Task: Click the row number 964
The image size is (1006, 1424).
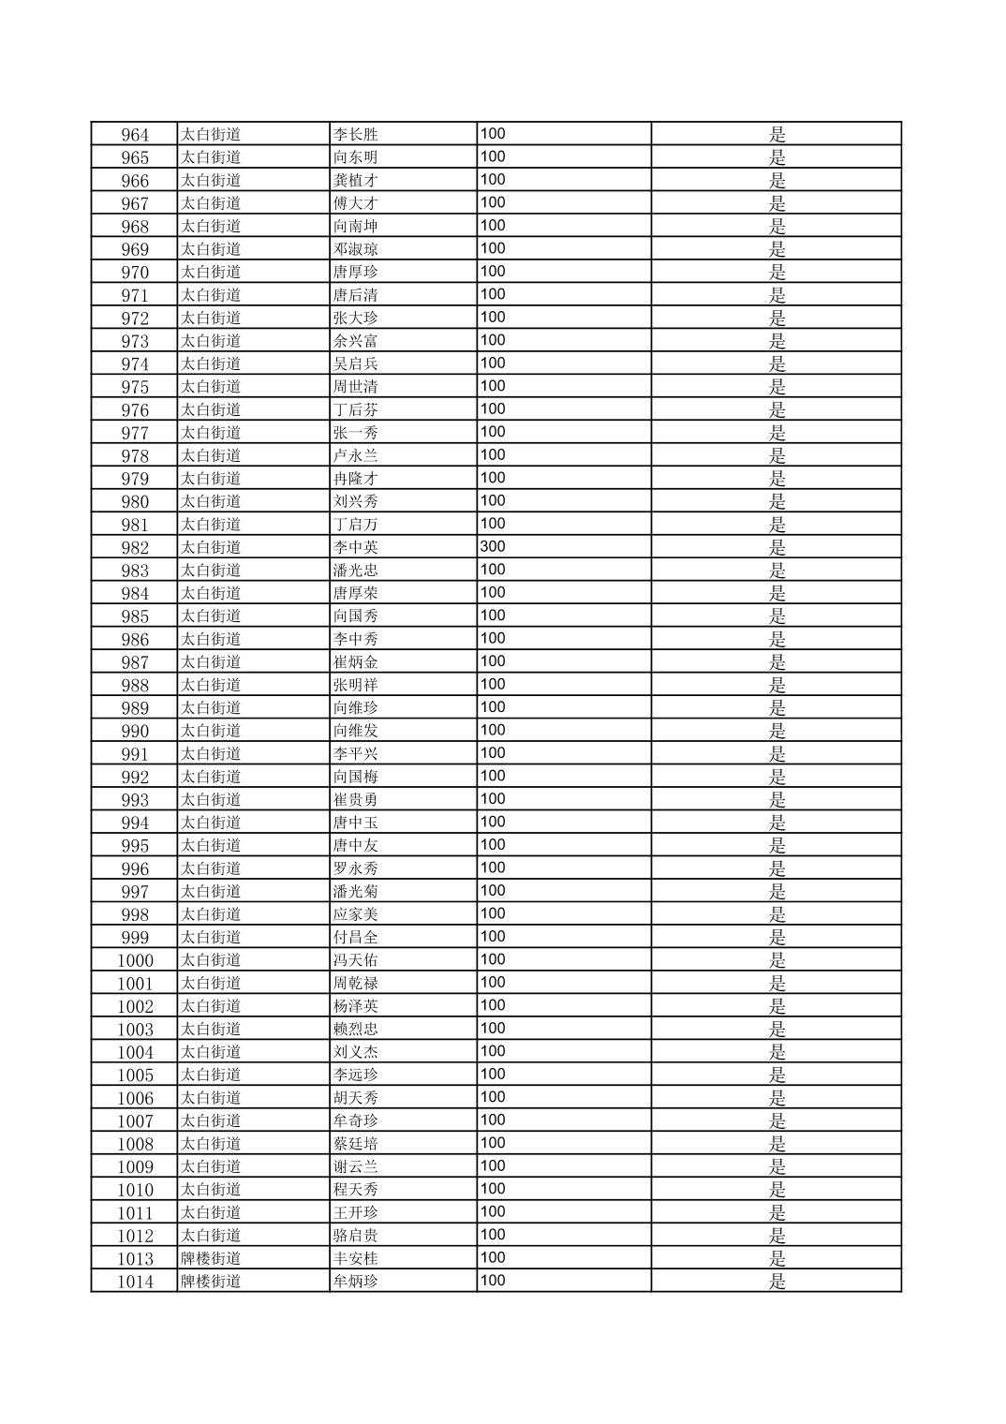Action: coord(135,134)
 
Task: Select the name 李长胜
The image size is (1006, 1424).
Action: coord(356,134)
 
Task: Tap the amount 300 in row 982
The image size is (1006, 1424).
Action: coord(493,547)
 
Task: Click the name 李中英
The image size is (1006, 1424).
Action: coord(356,547)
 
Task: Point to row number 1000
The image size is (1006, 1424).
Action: coord(135,960)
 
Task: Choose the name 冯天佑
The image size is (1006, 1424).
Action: coord(356,960)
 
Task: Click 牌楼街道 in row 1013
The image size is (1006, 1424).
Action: coord(211,1258)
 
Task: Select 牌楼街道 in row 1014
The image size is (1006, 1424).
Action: coord(211,1281)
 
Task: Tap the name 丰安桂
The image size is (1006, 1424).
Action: coord(356,1258)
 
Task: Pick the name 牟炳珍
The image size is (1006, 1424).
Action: coord(356,1281)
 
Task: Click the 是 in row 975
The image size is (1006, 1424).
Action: coord(777,387)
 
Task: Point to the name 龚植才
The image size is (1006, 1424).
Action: coord(356,180)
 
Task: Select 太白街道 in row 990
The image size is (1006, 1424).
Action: coord(211,731)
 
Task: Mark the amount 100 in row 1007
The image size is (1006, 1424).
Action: coord(493,1120)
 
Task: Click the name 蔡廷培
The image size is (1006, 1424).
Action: coord(356,1144)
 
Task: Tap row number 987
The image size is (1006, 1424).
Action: coord(135,662)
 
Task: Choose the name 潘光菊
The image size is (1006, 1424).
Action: coord(356,891)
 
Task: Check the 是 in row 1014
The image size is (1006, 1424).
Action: coord(777,1281)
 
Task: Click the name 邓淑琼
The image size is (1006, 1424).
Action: coord(356,249)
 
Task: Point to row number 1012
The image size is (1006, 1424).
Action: coord(135,1236)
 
